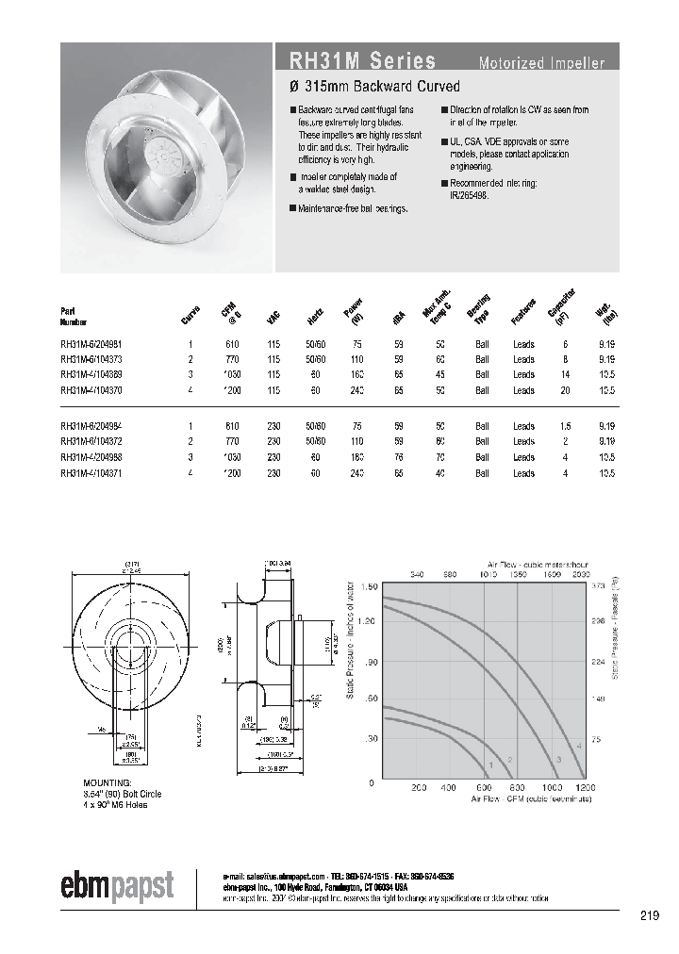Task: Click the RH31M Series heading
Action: point(356,62)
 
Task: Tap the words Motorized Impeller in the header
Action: point(541,64)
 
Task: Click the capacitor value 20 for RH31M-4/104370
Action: point(566,388)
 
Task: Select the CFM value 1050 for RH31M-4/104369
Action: point(230,374)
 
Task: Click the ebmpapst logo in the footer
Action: point(118,886)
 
